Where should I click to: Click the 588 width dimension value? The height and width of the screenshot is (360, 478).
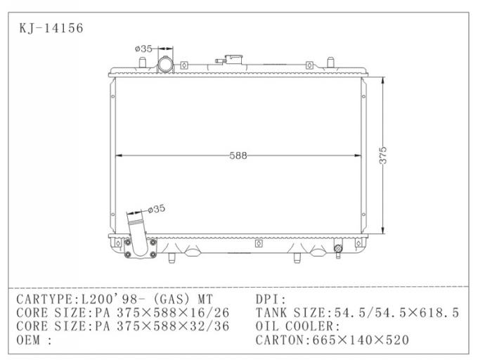click(x=238, y=156)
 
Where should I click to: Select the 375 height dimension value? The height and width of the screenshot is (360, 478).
click(x=383, y=155)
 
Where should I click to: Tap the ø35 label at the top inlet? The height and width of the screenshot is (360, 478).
click(x=143, y=49)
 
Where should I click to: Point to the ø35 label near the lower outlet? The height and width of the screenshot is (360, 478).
click(x=155, y=208)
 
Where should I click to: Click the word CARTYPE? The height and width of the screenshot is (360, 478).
click(x=46, y=298)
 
